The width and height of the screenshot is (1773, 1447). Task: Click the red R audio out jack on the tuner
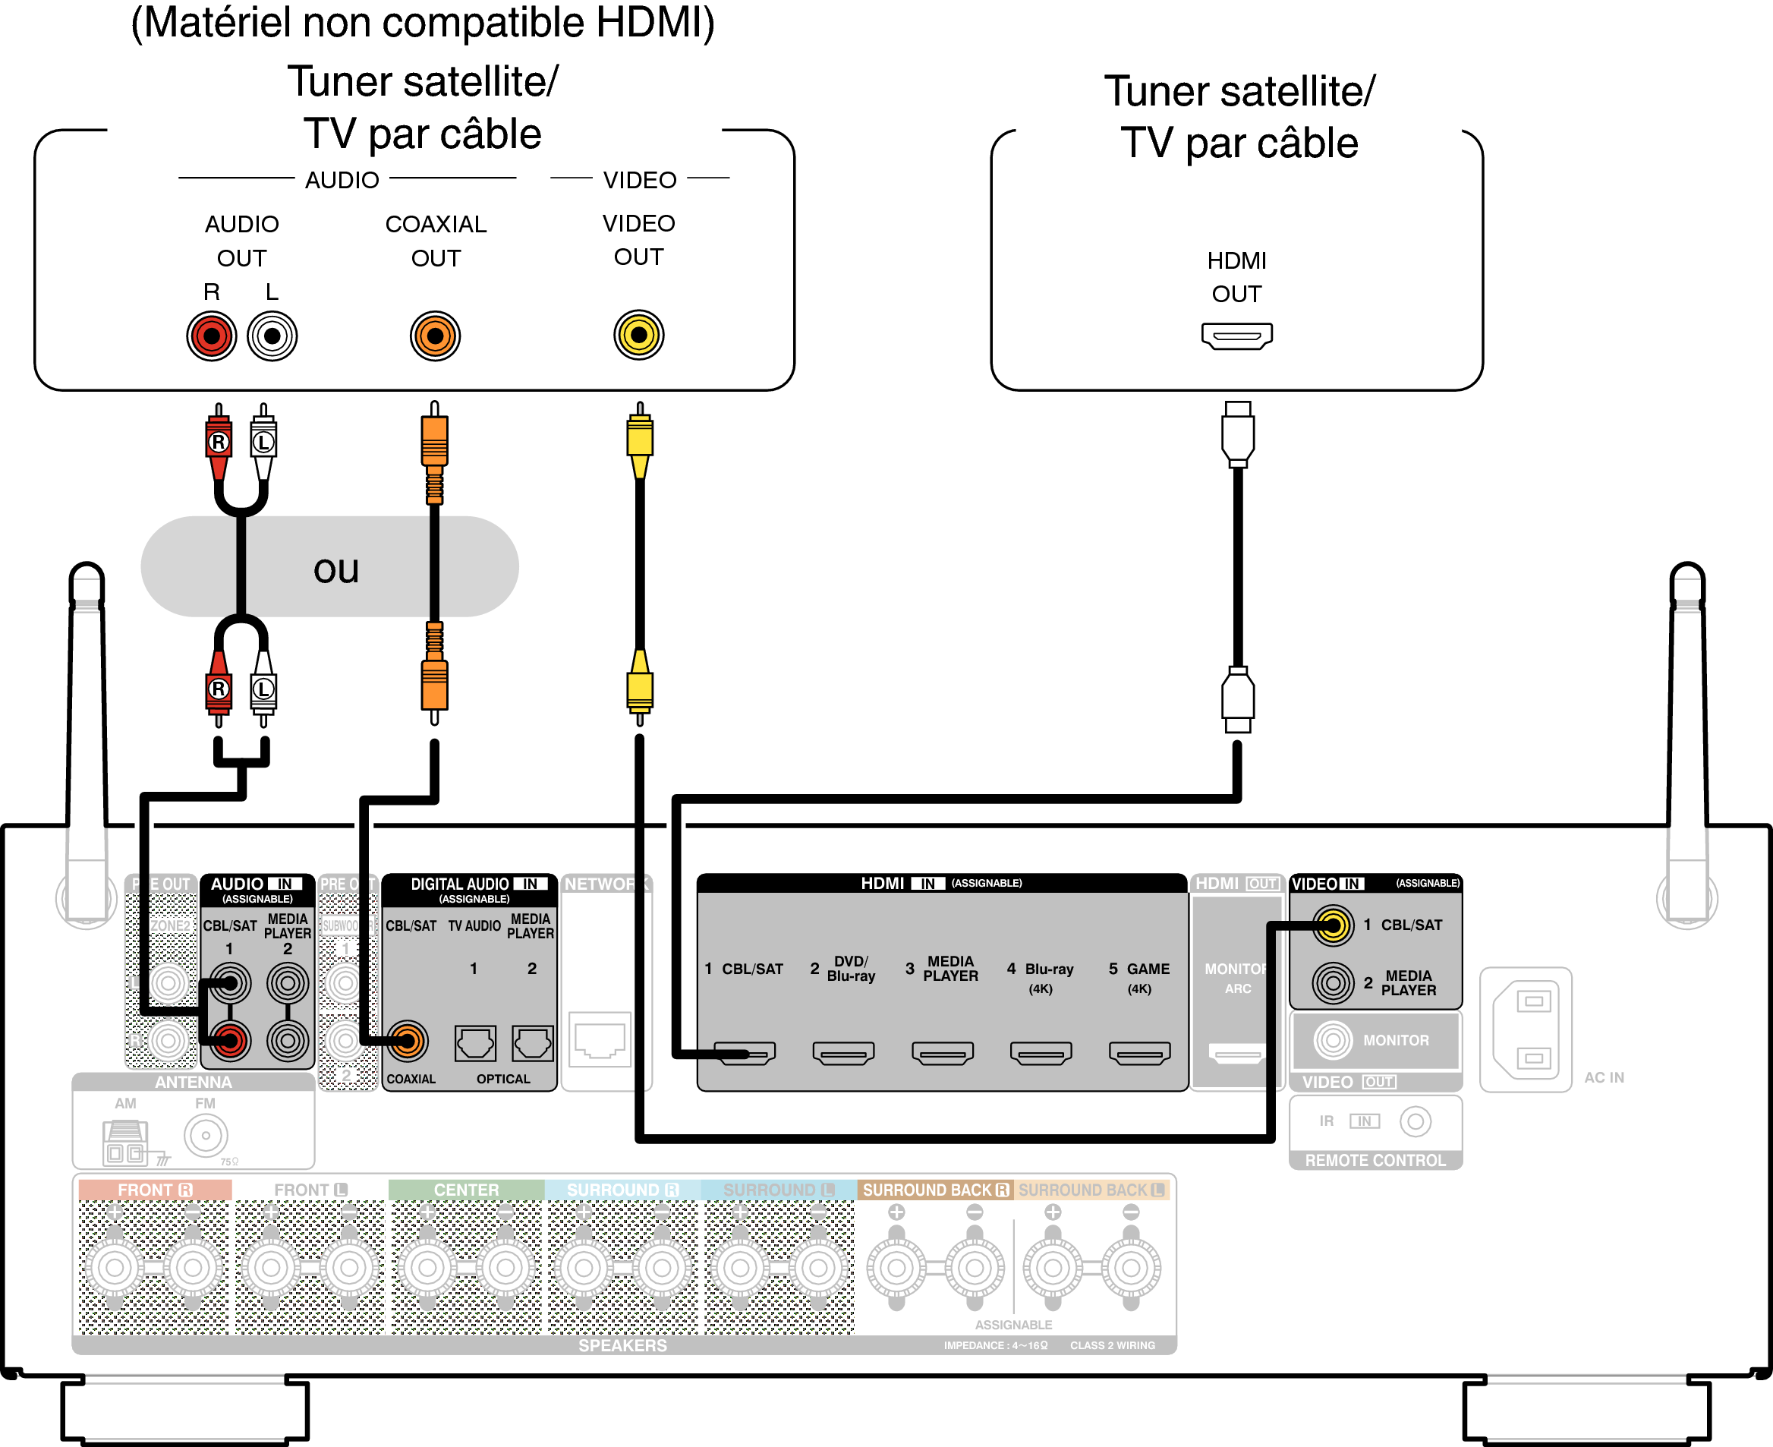212,336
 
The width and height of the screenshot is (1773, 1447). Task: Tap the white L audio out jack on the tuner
272,336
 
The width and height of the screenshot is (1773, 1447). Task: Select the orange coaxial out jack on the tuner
435,336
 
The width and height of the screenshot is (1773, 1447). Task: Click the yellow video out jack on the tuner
638,335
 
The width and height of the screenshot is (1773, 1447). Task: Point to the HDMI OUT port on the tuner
1236,336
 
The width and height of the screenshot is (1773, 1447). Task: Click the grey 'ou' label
335,570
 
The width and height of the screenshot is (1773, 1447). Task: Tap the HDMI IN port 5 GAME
1139,1054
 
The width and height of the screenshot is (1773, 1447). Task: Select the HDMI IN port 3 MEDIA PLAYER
943,1054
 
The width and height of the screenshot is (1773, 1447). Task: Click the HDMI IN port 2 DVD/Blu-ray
843,1054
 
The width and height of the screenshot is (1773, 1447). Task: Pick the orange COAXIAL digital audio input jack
408,1040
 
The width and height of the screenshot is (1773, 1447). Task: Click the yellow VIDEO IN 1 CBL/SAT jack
1333,925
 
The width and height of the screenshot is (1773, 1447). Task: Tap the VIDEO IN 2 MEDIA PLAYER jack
1333,982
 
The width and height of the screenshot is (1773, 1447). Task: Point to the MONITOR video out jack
1333,1040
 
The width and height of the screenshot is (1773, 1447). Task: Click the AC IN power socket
1526,1029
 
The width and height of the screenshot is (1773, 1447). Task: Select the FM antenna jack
206,1135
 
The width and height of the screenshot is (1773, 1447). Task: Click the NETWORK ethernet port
599,1040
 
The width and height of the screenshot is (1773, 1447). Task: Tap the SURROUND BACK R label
936,1190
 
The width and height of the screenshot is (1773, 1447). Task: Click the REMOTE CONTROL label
1375,1160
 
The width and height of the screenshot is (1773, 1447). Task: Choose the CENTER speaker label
466,1190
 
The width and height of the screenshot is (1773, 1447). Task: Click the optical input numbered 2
532,1044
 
